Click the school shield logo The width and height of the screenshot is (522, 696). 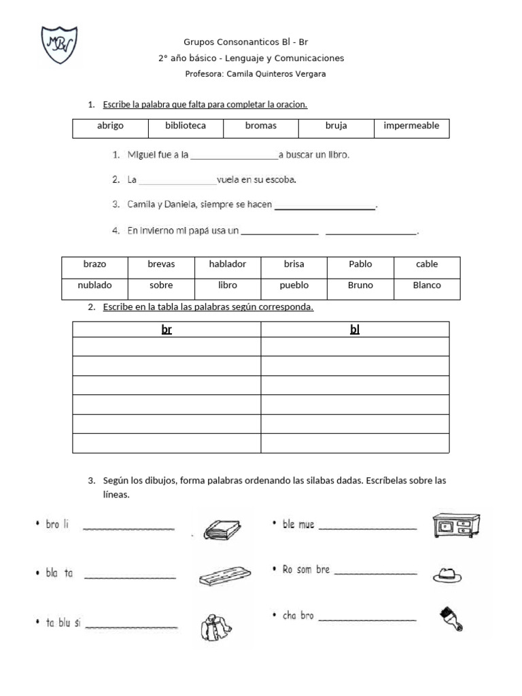click(59, 48)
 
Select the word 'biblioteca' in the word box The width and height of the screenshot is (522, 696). click(186, 126)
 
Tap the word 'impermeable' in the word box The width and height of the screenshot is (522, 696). click(411, 126)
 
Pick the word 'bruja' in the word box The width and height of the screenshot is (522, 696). click(336, 126)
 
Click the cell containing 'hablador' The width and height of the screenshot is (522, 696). click(228, 264)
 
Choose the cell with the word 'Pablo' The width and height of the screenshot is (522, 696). click(360, 264)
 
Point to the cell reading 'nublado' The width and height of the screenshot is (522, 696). click(94, 285)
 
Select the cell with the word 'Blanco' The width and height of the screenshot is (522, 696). click(427, 285)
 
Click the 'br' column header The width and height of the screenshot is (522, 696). click(167, 330)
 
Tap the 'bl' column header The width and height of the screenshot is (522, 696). click(354, 330)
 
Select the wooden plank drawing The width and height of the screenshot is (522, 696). click(225, 575)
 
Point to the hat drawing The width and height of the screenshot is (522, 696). click(447, 575)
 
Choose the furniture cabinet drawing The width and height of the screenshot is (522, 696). click(452, 525)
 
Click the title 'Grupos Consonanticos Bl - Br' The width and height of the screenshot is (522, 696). click(251, 41)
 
